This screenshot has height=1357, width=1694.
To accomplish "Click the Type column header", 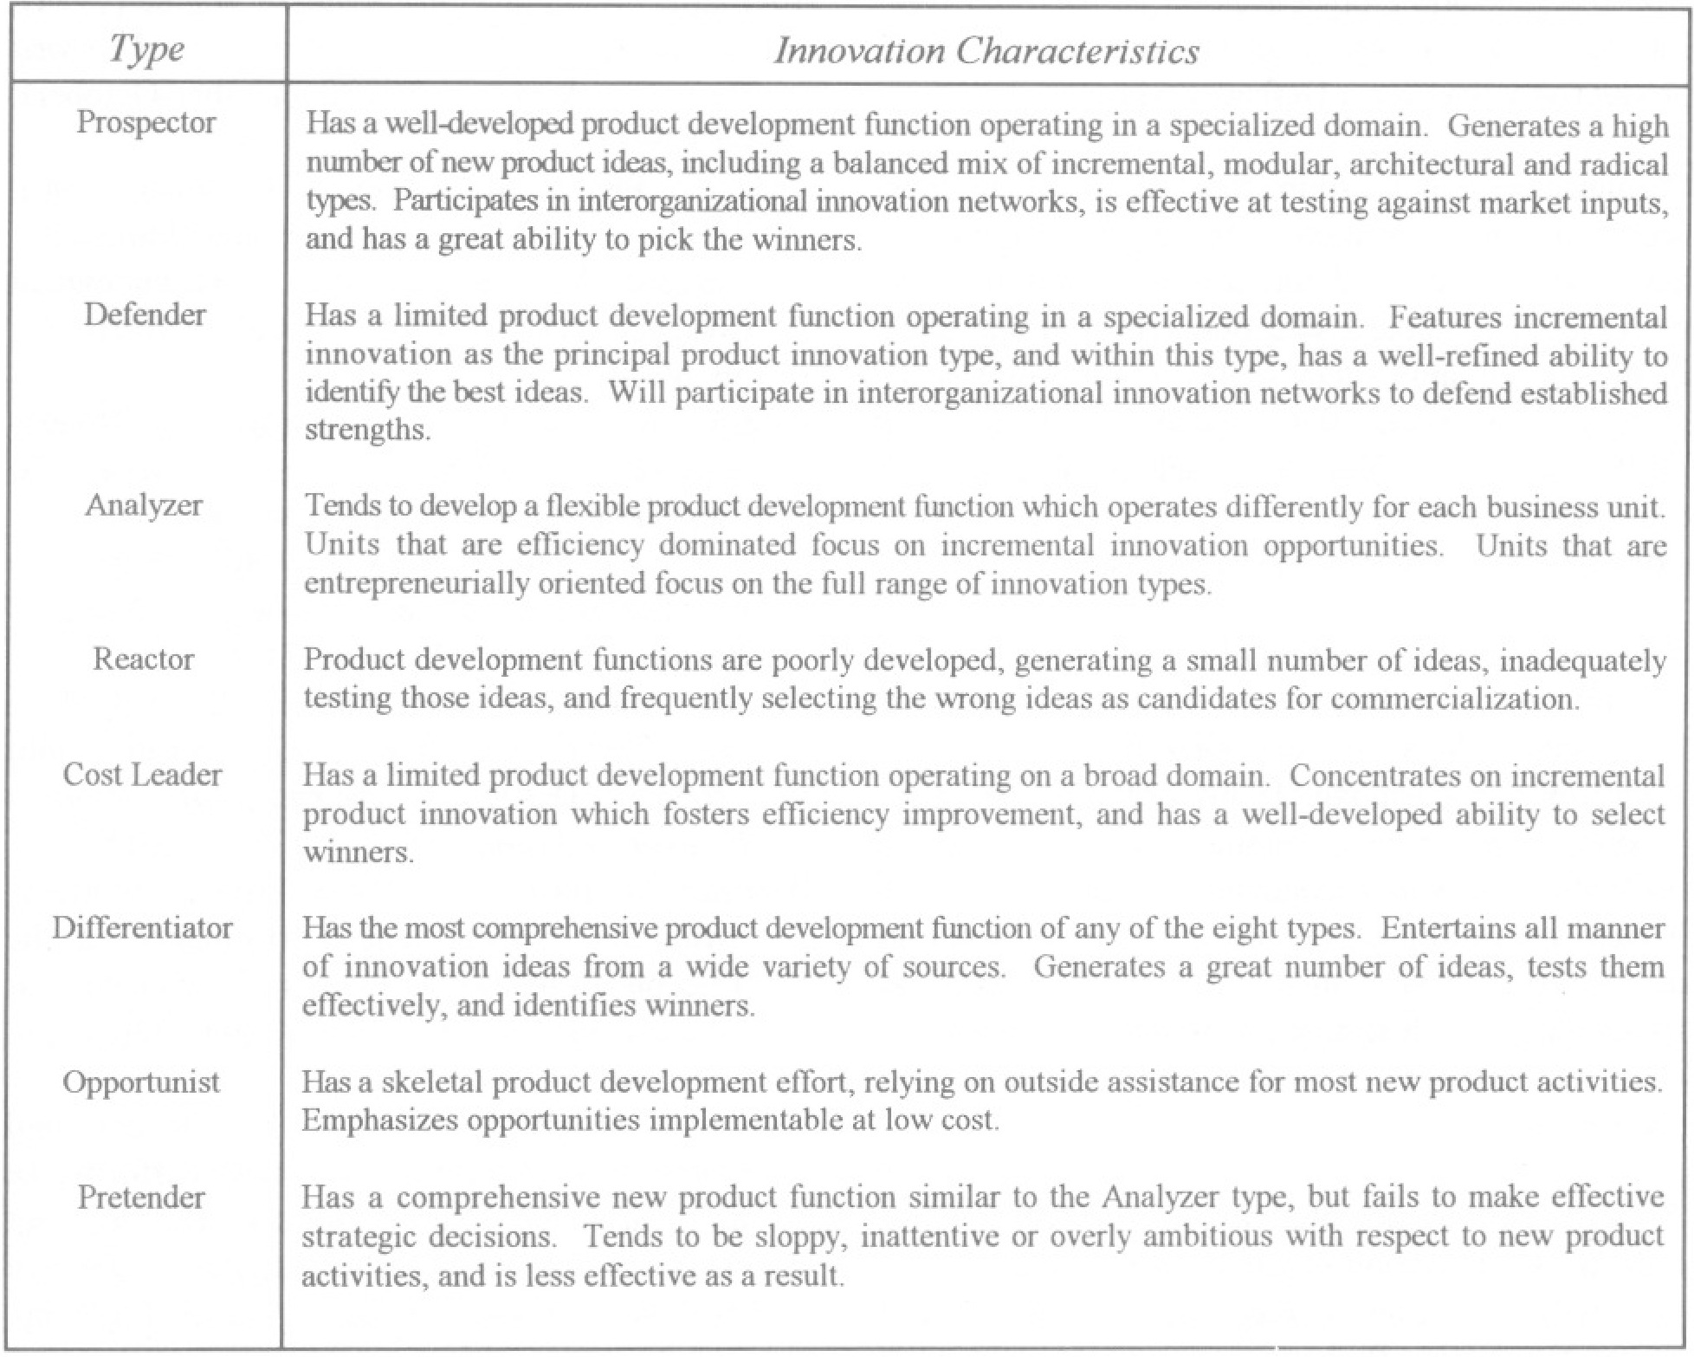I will (146, 49).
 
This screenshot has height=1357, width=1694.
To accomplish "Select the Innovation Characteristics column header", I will (986, 51).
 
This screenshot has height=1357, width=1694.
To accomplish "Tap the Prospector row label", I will (145, 122).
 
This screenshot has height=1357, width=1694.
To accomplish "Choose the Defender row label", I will (145, 314).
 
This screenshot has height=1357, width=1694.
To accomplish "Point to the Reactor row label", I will (144, 659).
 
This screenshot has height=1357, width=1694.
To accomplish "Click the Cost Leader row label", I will (142, 774).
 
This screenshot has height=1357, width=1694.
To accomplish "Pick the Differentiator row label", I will (142, 928).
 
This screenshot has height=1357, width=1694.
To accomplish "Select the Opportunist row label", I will (141, 1082).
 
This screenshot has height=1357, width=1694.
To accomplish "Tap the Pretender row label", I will (141, 1198).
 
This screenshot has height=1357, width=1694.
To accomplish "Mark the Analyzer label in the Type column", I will (144, 504).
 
